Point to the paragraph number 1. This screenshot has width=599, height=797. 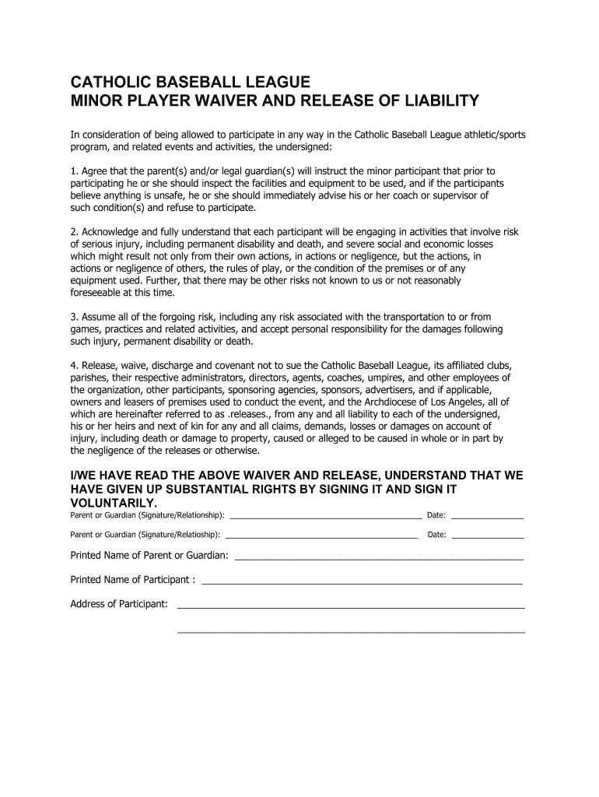point(73,170)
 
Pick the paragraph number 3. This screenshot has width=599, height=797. point(73,317)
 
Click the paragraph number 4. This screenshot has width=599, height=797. point(73,365)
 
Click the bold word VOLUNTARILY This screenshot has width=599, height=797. point(119,503)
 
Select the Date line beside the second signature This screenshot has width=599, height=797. point(488,535)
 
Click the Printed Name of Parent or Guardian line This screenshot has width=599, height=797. point(379,558)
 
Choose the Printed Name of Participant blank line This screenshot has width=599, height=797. point(362,582)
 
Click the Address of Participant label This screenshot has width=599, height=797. point(119,604)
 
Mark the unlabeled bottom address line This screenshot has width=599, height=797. point(351,631)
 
